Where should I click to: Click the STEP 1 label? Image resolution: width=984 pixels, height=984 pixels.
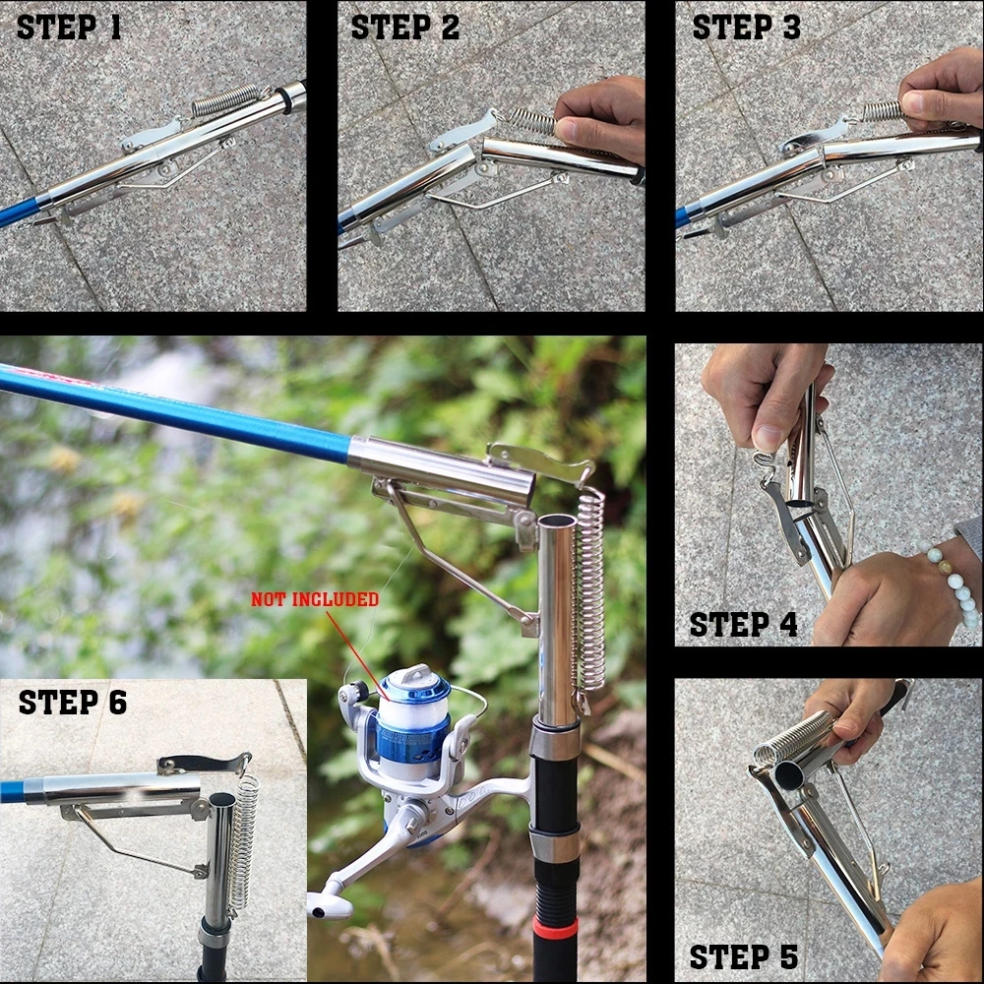click(69, 27)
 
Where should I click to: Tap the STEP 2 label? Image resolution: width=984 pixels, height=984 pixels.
click(404, 27)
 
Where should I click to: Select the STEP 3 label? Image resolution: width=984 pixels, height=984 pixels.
click(746, 27)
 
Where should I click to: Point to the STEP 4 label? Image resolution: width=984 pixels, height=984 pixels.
click(743, 624)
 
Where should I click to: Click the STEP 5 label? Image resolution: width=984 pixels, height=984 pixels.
click(743, 956)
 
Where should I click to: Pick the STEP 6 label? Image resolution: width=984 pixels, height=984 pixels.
click(72, 702)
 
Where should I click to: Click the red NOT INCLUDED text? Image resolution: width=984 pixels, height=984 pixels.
click(314, 598)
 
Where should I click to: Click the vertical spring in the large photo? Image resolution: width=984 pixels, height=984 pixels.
click(589, 590)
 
